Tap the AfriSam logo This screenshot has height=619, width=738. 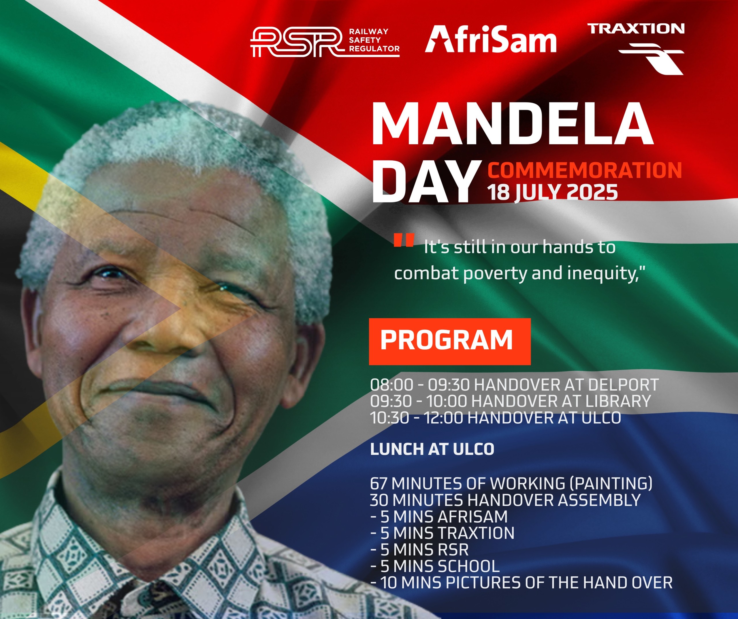[x=491, y=40]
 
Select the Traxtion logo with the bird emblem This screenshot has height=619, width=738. [x=636, y=48]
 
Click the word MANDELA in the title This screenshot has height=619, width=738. [x=512, y=125]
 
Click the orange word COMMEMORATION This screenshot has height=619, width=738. [x=584, y=170]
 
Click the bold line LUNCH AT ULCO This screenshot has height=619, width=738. [x=432, y=449]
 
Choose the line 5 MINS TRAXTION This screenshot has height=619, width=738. [x=443, y=533]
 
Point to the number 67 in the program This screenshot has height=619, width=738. [x=378, y=484]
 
